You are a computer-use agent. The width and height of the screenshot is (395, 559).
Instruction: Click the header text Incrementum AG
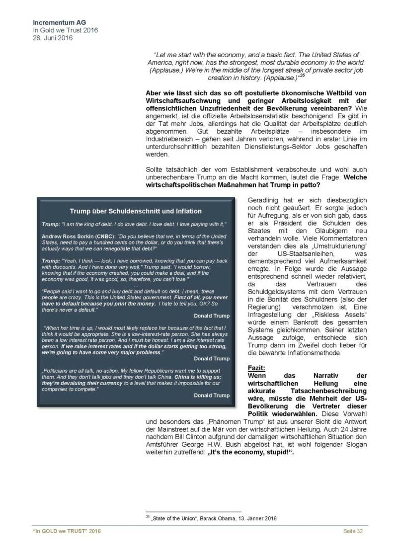56,22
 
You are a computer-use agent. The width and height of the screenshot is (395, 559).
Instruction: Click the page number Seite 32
353,532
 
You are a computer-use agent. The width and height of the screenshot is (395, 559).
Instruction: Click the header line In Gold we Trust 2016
65,30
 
